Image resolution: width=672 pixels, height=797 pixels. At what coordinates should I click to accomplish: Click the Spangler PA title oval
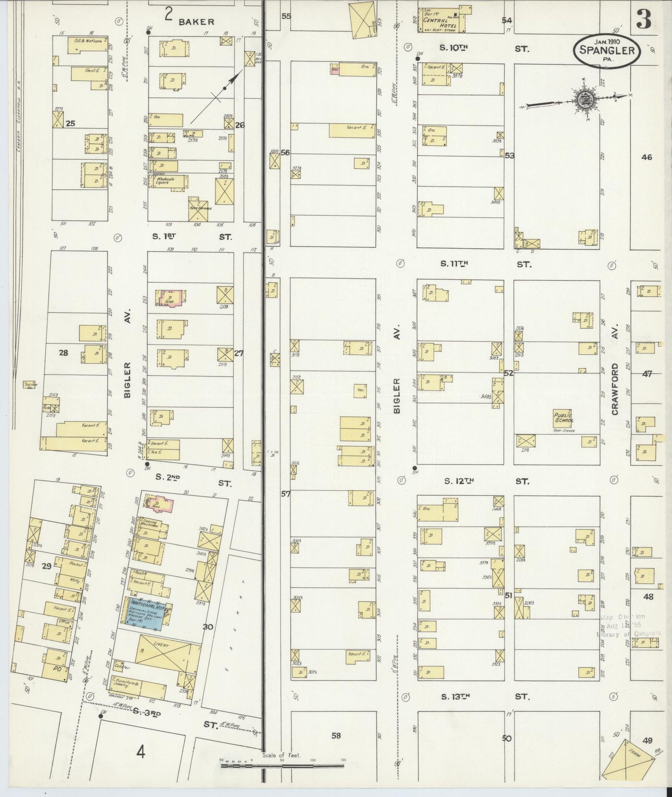coord(607,51)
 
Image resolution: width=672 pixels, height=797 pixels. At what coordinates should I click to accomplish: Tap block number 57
coord(285,494)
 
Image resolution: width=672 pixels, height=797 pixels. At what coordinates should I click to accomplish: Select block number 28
coord(63,353)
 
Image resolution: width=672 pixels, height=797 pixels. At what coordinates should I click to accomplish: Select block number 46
coord(646,157)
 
